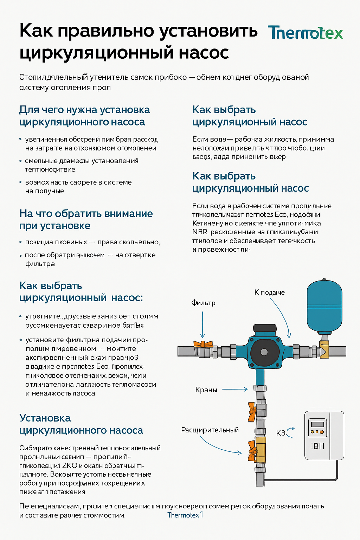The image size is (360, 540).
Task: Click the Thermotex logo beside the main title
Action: [x=305, y=33]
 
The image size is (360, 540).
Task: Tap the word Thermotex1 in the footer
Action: [x=185, y=515]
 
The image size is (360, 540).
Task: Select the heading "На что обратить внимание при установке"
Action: [x=86, y=219]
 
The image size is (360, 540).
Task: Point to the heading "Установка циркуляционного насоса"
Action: [x=81, y=424]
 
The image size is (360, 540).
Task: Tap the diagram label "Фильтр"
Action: [x=203, y=303]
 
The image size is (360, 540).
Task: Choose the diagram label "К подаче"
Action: [x=269, y=292]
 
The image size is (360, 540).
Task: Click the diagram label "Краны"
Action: [x=206, y=390]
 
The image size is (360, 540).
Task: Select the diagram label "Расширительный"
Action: [x=210, y=430]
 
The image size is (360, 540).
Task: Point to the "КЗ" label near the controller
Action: [x=281, y=433]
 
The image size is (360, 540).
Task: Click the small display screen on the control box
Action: [x=317, y=424]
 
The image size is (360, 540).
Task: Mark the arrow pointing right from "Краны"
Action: [x=235, y=389]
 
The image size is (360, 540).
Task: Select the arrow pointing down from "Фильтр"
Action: [x=202, y=325]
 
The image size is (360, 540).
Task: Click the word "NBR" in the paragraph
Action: [x=200, y=232]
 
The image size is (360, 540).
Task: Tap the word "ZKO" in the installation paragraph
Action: [x=69, y=466]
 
